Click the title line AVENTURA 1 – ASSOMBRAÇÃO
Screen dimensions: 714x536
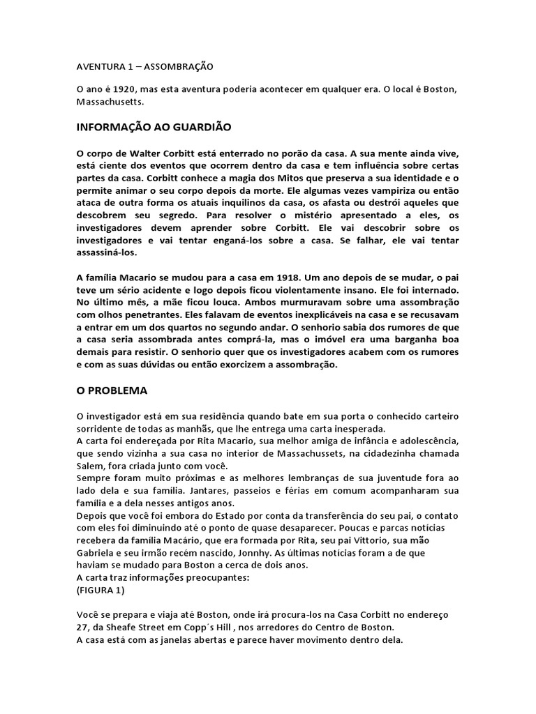pyautogui.click(x=144, y=67)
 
